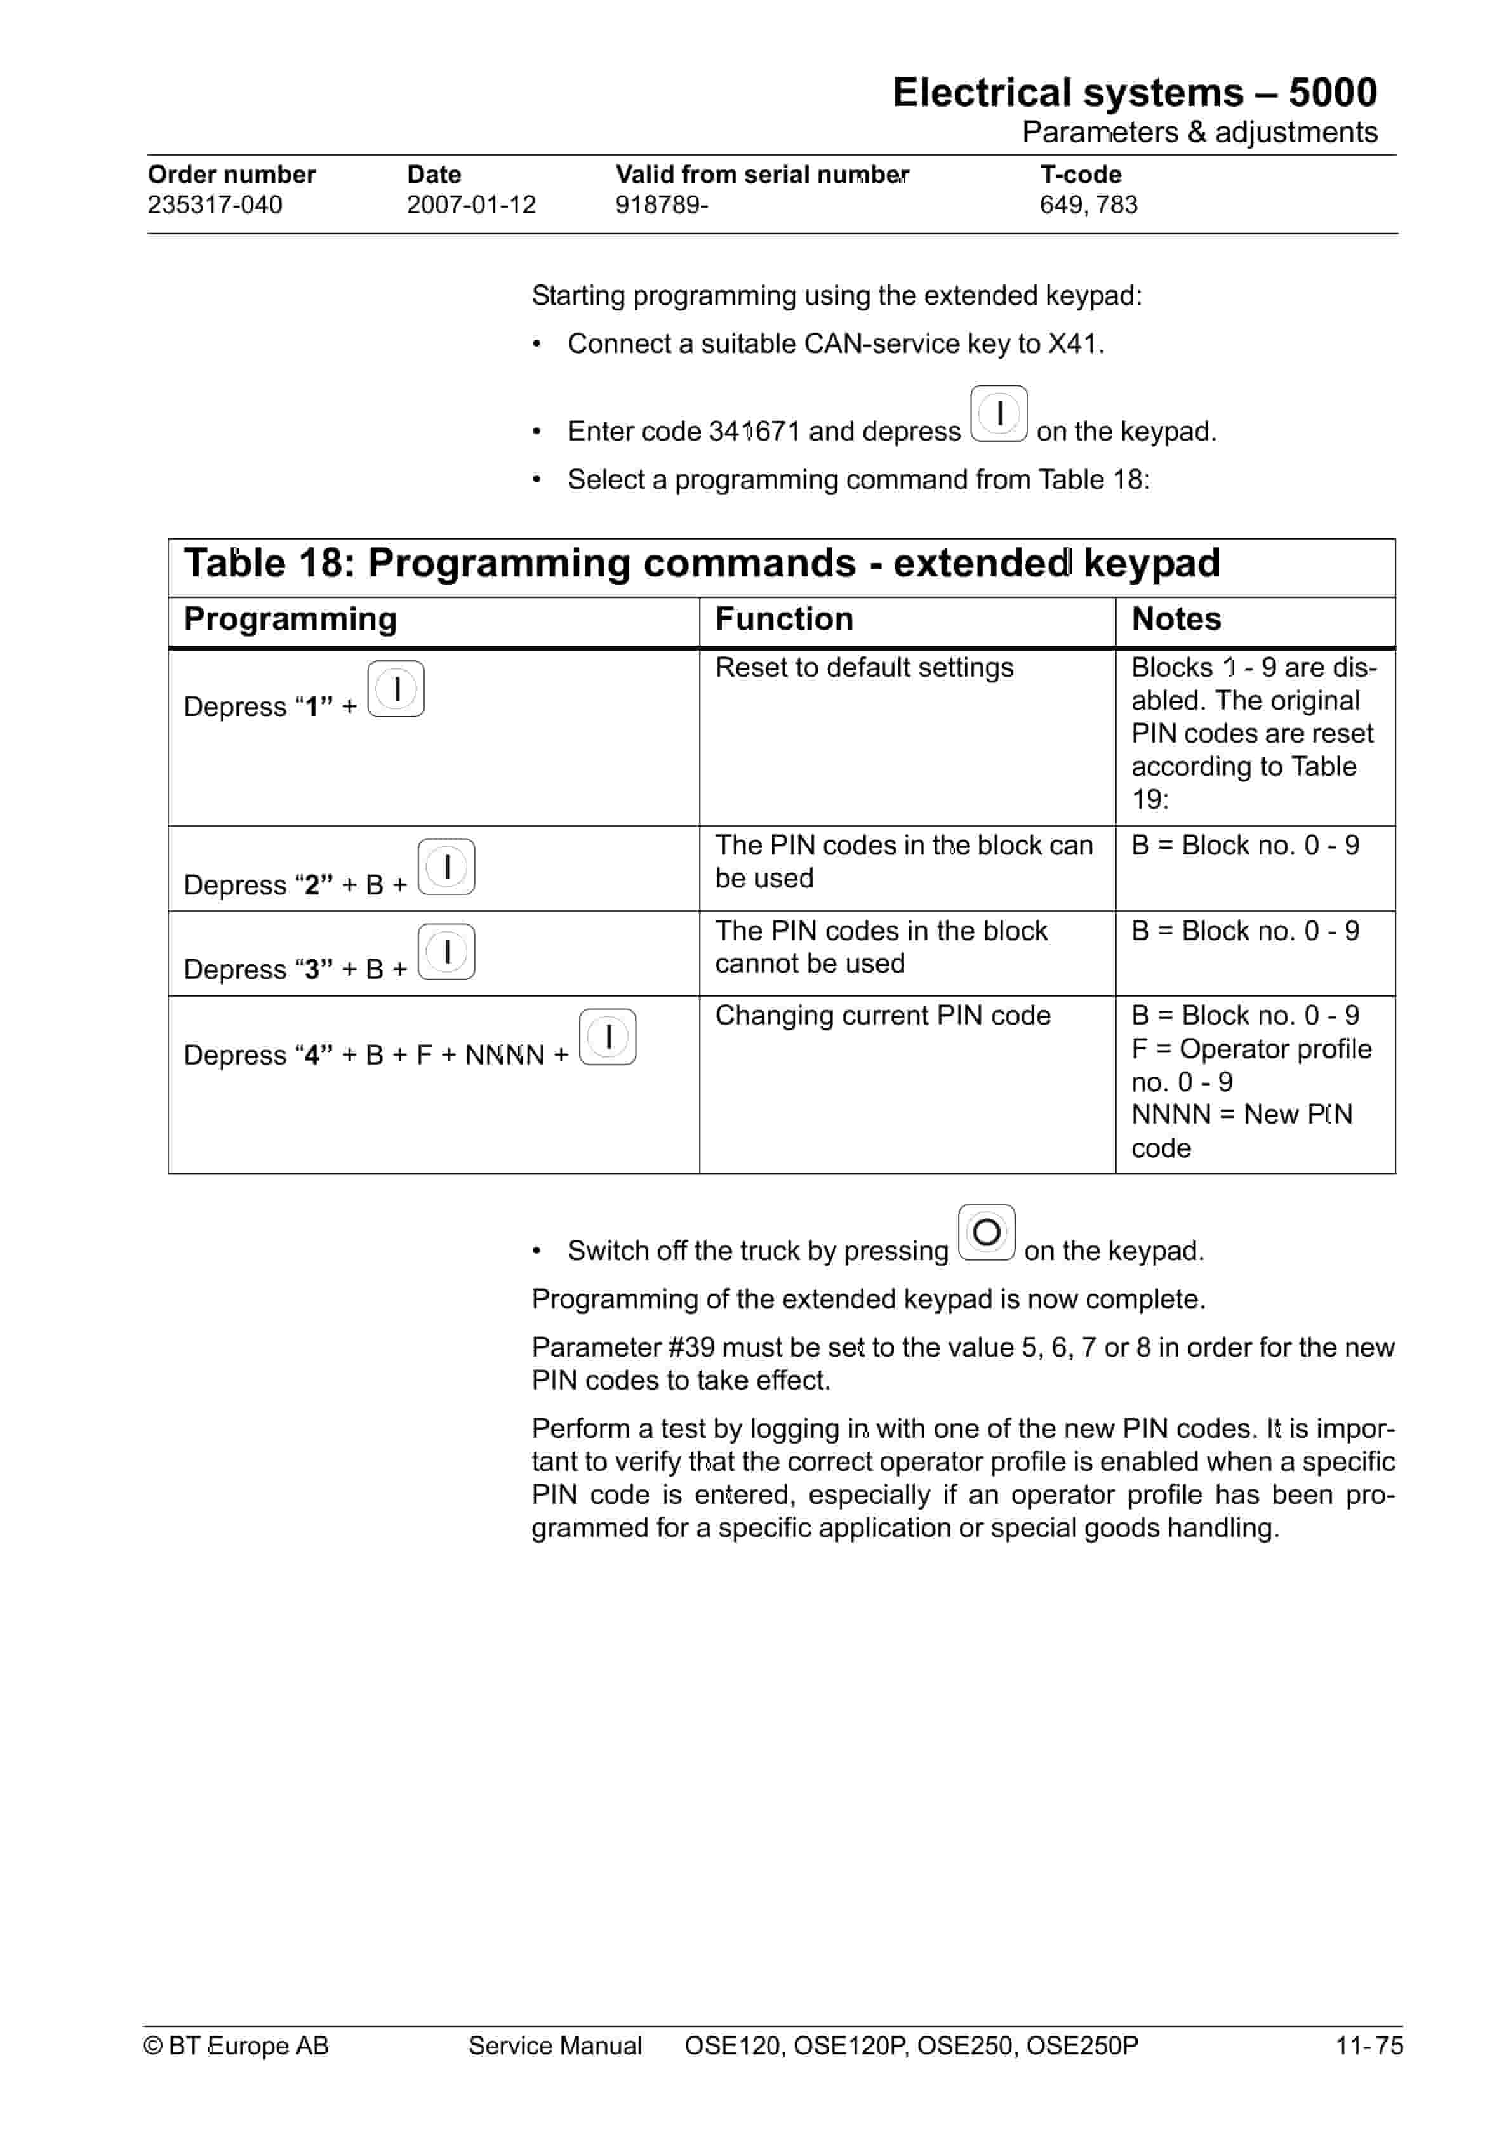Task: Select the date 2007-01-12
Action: pyautogui.click(x=470, y=205)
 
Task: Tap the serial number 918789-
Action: pyautogui.click(x=660, y=205)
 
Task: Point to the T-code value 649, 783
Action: pyautogui.click(x=1088, y=205)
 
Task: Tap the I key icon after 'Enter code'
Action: pyautogui.click(x=998, y=413)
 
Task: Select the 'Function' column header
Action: pyautogui.click(x=783, y=619)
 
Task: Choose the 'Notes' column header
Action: pyautogui.click(x=1176, y=619)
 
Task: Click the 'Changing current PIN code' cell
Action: pyautogui.click(x=882, y=1016)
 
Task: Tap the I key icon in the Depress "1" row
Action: pyautogui.click(x=396, y=689)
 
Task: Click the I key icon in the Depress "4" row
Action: pyautogui.click(x=608, y=1037)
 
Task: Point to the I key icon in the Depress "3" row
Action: pyautogui.click(x=446, y=952)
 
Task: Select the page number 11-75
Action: pyautogui.click(x=1368, y=2046)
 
